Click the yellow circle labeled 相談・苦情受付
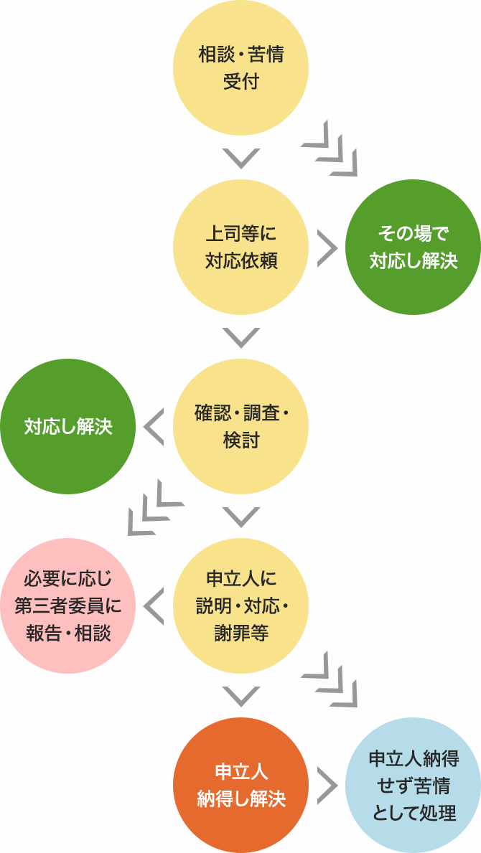(x=240, y=68)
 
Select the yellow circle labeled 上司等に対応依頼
(x=240, y=248)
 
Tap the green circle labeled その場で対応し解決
(x=413, y=248)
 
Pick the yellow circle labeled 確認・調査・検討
(x=240, y=427)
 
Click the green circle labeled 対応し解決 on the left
(x=68, y=427)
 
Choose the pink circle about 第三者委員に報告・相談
(x=68, y=606)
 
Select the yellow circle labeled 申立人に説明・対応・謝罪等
(x=240, y=606)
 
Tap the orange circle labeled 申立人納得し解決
(x=240, y=786)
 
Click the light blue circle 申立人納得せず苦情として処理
(x=413, y=786)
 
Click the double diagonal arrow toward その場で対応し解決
(x=330, y=149)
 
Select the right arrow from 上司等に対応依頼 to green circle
(x=327, y=248)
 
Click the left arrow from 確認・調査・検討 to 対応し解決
(x=154, y=427)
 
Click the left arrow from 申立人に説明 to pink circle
(x=154, y=606)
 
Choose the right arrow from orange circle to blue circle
(x=327, y=786)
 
